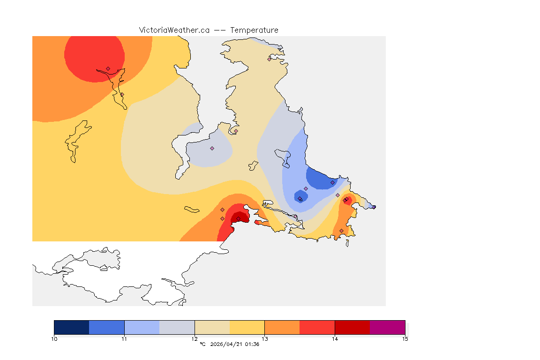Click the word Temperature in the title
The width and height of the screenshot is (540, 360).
254,30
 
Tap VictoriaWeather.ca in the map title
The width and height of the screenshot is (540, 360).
174,30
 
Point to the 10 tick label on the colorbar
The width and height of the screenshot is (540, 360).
54,338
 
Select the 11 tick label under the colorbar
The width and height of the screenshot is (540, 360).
124,338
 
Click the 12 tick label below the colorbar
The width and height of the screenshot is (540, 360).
195,338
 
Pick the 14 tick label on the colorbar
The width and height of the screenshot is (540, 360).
335,338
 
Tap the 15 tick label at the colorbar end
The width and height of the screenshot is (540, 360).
405,338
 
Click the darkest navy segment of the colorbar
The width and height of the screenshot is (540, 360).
71,327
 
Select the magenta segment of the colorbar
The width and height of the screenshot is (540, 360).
387,327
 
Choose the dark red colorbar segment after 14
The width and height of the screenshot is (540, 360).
352,327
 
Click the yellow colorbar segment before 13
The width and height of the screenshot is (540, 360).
247,327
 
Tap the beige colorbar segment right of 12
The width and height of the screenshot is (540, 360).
212,327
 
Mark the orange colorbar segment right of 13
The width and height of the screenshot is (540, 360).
282,327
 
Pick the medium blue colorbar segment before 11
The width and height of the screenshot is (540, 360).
106,327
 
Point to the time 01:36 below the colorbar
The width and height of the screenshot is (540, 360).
252,345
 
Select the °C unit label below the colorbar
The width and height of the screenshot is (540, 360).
203,345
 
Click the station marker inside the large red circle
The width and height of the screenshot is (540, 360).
108,68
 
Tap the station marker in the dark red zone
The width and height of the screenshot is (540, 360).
238,219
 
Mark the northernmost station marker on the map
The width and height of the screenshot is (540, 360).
270,59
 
